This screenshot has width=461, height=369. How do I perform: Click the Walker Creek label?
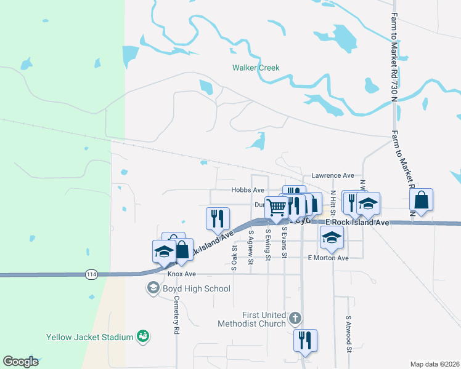pyautogui.click(x=255, y=68)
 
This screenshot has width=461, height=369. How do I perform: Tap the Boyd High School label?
pyautogui.click(x=196, y=288)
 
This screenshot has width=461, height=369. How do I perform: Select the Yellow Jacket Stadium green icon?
pyautogui.click(x=144, y=336)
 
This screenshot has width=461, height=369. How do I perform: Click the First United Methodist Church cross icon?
pyautogui.click(x=295, y=318)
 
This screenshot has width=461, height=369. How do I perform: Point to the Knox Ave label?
pyautogui.click(x=181, y=273)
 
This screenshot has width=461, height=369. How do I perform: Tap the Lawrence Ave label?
pyautogui.click(x=332, y=175)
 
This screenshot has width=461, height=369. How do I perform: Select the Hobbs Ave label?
pyautogui.click(x=248, y=191)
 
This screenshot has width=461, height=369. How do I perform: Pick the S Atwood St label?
pyautogui.click(x=348, y=335)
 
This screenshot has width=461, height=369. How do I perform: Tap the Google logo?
pyautogui.click(x=20, y=362)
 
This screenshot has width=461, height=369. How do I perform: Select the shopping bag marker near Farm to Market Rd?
pyautogui.click(x=421, y=200)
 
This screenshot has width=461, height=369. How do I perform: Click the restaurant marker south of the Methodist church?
pyautogui.click(x=304, y=340)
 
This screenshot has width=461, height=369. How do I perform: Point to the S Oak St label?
pyautogui.click(x=235, y=252)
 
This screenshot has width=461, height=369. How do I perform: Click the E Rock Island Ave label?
pyautogui.click(x=357, y=222)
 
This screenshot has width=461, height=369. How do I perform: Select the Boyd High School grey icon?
pyautogui.click(x=152, y=287)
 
